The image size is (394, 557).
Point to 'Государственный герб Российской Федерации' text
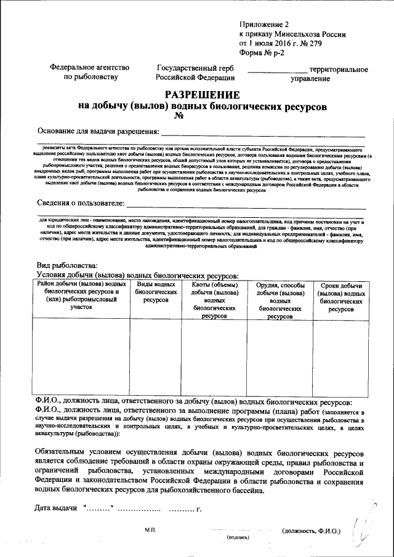pos(195,73)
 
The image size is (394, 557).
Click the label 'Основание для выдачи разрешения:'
pos(98,131)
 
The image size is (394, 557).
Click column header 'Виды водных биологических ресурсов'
pos(155,292)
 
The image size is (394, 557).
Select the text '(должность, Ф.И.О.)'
pos(310,530)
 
